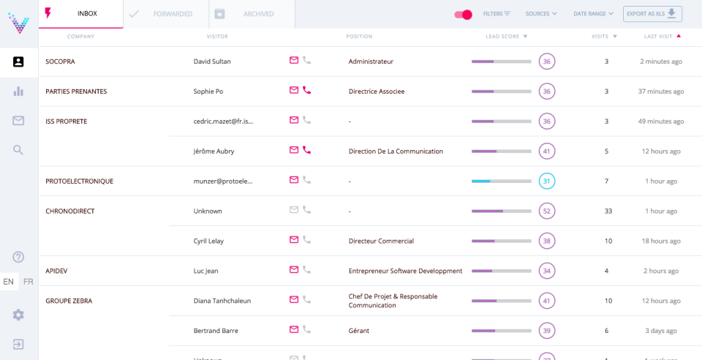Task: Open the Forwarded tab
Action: point(166,14)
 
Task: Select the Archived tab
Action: point(252,14)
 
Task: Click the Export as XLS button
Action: point(652,14)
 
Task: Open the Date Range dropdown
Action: point(593,14)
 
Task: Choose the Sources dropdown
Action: point(541,14)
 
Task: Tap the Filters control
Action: point(497,14)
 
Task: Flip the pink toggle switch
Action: point(463,15)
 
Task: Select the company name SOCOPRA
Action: point(60,61)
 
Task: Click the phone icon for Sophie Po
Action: point(307,91)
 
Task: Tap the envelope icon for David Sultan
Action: point(294,61)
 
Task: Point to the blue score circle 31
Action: point(546,181)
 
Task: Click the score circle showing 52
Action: point(546,211)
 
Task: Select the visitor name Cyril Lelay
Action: point(208,241)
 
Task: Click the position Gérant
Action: point(359,331)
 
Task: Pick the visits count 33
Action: point(608,211)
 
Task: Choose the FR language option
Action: point(29,282)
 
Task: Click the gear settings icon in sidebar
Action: point(18,315)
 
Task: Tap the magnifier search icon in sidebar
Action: point(18,150)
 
